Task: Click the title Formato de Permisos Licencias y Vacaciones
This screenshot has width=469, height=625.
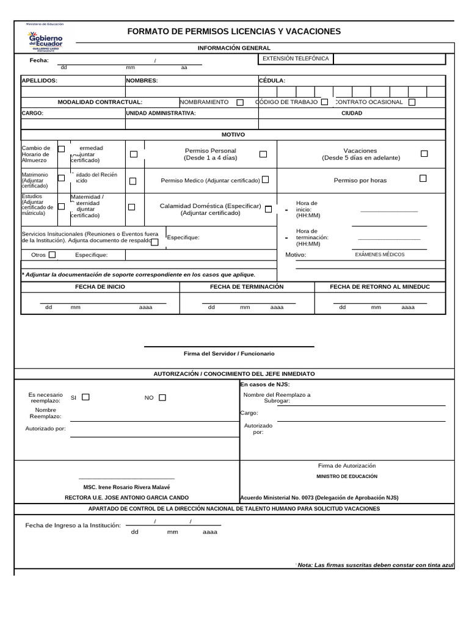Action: [x=234, y=32]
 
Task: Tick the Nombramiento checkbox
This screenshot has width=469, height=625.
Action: [x=240, y=103]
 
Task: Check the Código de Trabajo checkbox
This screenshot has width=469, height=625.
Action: [x=324, y=102]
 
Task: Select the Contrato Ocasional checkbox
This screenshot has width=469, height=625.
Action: [x=412, y=103]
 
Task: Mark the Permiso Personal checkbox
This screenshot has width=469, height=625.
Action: [x=263, y=154]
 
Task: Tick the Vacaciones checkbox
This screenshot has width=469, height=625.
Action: [x=424, y=154]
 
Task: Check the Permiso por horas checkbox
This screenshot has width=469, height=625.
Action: [x=423, y=179]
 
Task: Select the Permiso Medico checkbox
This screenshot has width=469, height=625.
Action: [x=265, y=180]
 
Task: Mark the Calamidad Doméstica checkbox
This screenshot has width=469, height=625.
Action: [x=268, y=209]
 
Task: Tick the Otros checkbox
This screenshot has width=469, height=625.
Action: [x=52, y=255]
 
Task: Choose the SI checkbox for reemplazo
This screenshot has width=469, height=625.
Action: [x=85, y=397]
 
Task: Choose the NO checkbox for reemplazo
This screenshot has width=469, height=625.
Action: [x=162, y=397]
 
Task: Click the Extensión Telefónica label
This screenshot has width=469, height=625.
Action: [x=296, y=59]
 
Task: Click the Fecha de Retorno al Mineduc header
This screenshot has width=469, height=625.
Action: [x=380, y=286]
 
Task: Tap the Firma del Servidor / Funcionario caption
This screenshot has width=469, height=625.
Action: [x=229, y=353]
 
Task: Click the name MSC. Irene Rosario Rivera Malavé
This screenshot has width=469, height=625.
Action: [x=126, y=487]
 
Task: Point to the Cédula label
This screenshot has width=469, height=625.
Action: [x=272, y=81]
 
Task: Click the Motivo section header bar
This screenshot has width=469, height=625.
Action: [x=233, y=134]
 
